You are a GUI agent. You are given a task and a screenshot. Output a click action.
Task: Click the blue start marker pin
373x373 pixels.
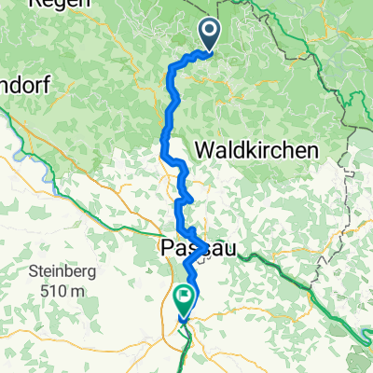click(x=209, y=36)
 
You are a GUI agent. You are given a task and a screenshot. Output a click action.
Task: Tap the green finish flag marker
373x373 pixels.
click(x=184, y=301)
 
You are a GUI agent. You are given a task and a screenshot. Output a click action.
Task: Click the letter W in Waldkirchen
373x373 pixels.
click(x=204, y=149)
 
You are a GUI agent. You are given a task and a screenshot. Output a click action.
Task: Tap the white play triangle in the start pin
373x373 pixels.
click(x=209, y=34)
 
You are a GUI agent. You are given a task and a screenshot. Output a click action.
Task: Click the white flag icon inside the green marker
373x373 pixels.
click(x=184, y=298)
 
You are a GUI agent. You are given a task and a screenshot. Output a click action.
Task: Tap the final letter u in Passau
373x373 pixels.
click(x=229, y=249)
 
